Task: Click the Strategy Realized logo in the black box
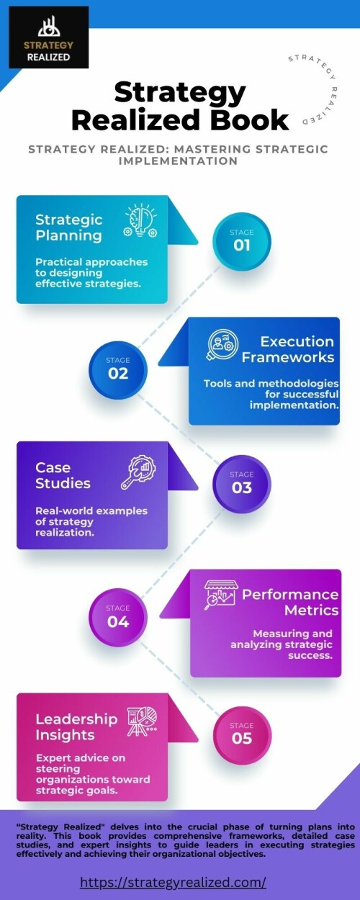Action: point(49,37)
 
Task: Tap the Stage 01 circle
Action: point(242,241)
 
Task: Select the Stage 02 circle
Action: point(118,369)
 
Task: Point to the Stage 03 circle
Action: point(242,484)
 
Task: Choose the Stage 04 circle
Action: point(118,618)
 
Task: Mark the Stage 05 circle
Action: point(242,735)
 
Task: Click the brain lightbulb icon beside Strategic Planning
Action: point(140,220)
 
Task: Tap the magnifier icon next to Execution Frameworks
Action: point(222,345)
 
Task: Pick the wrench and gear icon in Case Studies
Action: point(139,472)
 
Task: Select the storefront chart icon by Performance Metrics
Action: point(220,595)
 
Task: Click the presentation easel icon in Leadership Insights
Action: point(142,721)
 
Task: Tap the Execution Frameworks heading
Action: point(288,349)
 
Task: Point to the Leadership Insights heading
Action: point(76,726)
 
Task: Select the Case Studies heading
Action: point(63,475)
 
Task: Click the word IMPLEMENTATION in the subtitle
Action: point(178,161)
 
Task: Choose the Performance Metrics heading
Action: point(290,602)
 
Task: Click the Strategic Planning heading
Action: point(68,228)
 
